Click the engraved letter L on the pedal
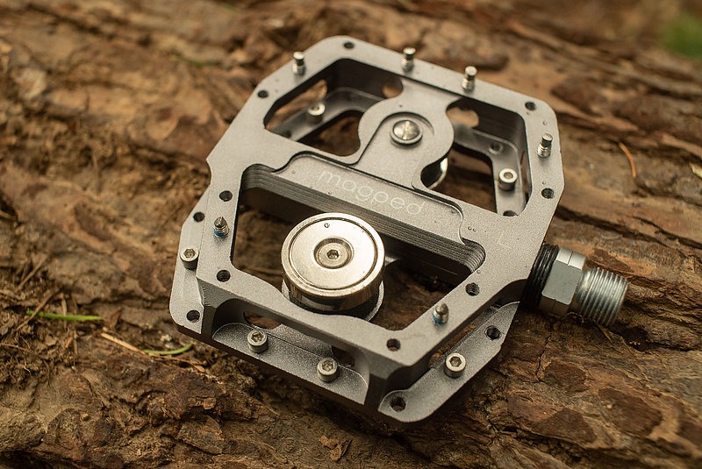tap(502, 240)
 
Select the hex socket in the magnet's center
tap(333, 254)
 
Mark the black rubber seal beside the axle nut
tap(534, 273)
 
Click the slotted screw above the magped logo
tap(405, 131)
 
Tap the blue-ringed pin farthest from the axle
tap(221, 227)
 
